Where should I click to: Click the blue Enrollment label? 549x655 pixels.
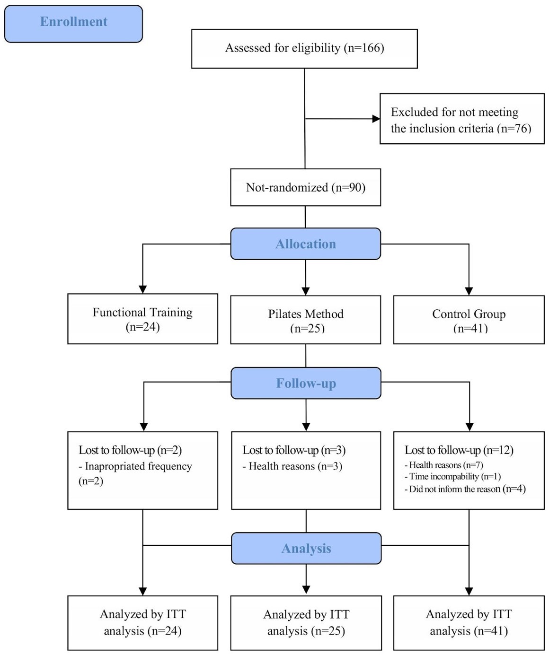[x=73, y=24]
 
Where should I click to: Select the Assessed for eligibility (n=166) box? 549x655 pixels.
[x=304, y=49]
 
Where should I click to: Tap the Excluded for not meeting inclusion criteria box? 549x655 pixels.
[x=462, y=119]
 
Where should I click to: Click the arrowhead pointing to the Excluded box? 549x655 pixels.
[x=376, y=119]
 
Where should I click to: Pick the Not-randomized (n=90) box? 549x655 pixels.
[x=305, y=187]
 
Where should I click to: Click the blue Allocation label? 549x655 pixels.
[x=306, y=244]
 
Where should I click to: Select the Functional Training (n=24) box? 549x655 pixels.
[x=142, y=319]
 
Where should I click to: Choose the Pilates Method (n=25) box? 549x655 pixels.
[x=305, y=320]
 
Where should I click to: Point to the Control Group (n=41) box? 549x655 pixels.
[x=469, y=320]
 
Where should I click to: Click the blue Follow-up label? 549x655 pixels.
[x=306, y=383]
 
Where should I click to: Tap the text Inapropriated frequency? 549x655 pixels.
[x=138, y=466]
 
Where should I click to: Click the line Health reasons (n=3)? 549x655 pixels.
[x=292, y=466]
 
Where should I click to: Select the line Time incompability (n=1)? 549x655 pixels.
[x=452, y=477]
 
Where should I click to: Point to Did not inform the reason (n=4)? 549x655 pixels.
[x=465, y=489]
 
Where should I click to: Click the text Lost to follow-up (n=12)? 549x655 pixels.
[x=459, y=450]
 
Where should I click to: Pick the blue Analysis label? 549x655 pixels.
[x=306, y=548]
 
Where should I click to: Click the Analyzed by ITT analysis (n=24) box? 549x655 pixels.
[x=142, y=623]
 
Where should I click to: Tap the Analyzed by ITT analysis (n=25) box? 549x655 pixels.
[x=306, y=623]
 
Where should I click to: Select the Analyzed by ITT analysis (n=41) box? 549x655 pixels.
[x=469, y=623]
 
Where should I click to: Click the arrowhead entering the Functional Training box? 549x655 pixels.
[x=143, y=289]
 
